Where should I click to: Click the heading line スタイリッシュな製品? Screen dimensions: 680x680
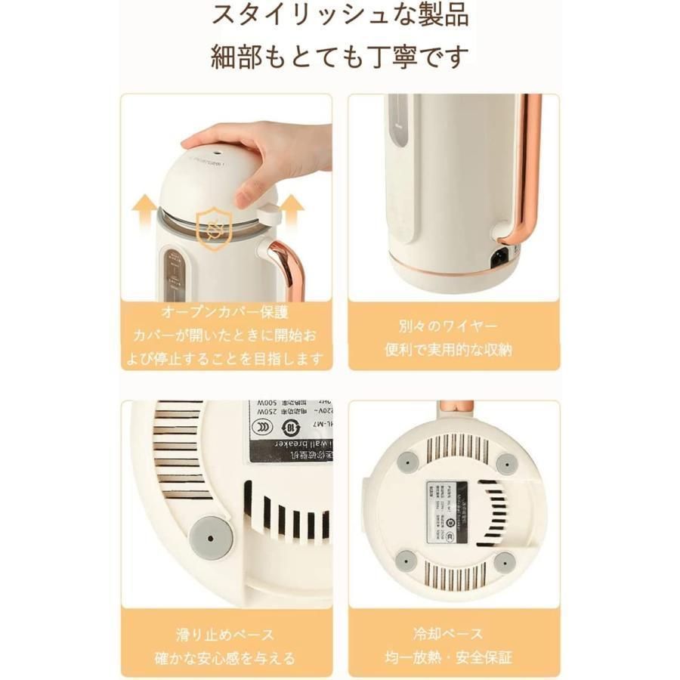(339, 15)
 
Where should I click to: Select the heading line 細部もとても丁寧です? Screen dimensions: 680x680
(339, 57)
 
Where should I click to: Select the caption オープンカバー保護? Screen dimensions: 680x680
(226, 313)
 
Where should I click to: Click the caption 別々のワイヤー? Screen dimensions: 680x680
(453, 326)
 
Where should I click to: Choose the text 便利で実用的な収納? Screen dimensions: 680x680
(453, 351)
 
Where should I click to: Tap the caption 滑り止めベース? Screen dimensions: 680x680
(226, 633)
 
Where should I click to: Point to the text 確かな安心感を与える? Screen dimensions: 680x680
(226, 658)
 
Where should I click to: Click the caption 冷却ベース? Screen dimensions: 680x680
(453, 633)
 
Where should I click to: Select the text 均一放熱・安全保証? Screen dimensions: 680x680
(453, 658)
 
